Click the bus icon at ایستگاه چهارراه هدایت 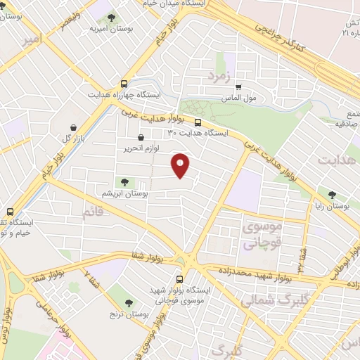click(124, 82)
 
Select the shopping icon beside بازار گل click(73, 127)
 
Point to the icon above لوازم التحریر click(141, 138)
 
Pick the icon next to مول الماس click(238, 89)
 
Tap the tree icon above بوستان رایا click(332, 195)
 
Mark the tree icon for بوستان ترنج click(129, 302)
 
